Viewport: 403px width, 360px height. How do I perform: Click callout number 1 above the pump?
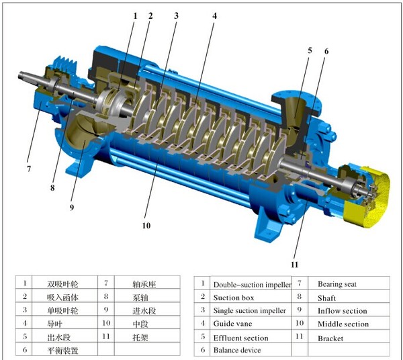coord(135,16)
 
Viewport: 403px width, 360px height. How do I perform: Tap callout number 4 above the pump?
coord(215,16)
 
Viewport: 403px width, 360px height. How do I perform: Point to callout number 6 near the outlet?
coord(326,52)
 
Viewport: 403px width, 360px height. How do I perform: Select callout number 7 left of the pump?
coord(29,169)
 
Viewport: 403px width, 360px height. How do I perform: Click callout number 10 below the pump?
coord(146,226)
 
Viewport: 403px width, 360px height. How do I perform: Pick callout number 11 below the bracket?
coord(295,265)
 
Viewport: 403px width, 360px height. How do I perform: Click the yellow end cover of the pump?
coord(370,195)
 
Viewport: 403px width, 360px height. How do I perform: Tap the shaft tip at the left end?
coord(20,75)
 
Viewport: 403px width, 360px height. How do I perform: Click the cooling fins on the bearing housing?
coord(68,62)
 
